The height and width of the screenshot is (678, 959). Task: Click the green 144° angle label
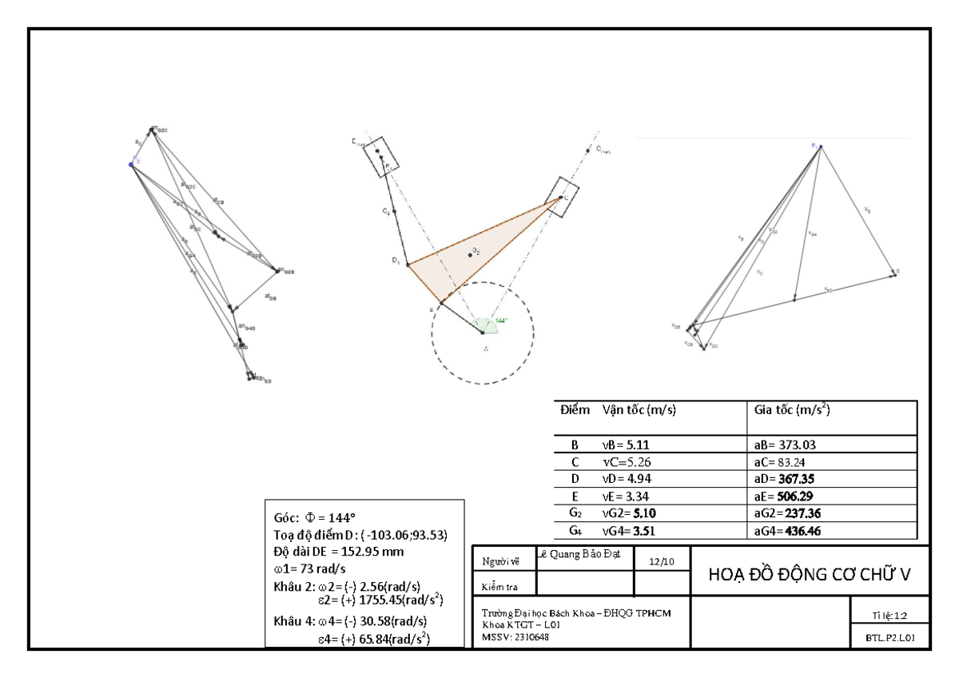(501, 320)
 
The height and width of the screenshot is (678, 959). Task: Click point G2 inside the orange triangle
(471, 255)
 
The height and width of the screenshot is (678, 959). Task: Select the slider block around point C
(563, 197)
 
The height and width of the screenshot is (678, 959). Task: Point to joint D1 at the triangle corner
(407, 264)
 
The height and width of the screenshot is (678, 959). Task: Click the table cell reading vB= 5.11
(631, 445)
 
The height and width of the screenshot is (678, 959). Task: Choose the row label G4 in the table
(574, 530)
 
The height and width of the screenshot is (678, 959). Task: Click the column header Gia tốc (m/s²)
(791, 410)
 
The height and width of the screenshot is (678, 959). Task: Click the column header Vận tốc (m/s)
(639, 410)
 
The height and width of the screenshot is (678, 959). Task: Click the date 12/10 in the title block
(660, 562)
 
